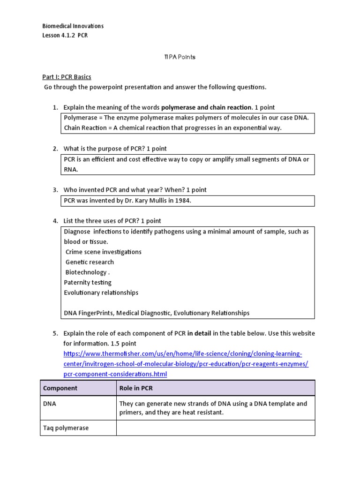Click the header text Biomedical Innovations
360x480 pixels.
coord(73,26)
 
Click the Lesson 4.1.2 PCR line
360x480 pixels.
coord(65,36)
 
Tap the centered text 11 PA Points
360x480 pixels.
coord(180,57)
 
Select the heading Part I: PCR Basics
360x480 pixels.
coord(67,77)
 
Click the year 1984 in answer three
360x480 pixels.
coord(183,201)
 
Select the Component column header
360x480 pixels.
coord(60,388)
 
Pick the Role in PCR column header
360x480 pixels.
coord(136,388)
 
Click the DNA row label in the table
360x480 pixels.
coord(49,404)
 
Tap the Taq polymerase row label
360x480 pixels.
coord(66,428)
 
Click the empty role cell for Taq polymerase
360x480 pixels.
coord(216,428)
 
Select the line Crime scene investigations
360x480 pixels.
coord(103,252)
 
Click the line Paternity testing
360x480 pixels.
coord(88,283)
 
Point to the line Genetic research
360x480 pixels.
coord(90,262)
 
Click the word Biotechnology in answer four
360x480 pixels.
coord(86,272)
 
